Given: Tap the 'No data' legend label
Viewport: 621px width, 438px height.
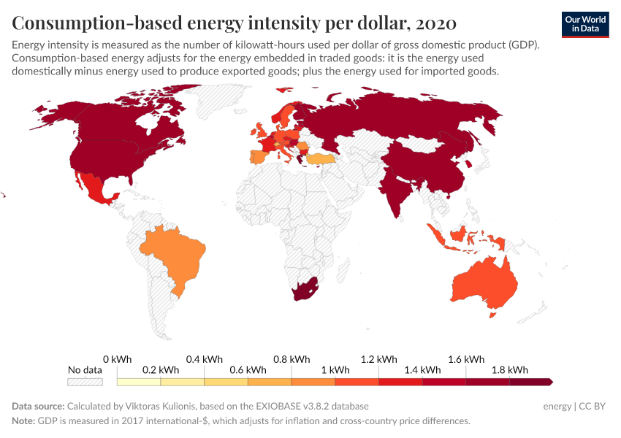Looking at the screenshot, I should click(85, 370).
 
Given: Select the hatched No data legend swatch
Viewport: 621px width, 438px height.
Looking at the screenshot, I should click(85, 382).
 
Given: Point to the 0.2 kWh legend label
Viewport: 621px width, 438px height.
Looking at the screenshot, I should click(160, 370).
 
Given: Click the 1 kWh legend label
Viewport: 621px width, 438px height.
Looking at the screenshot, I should click(335, 370).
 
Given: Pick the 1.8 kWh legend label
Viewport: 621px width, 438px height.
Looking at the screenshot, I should click(510, 370).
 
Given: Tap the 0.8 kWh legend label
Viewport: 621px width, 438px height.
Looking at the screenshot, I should click(292, 359).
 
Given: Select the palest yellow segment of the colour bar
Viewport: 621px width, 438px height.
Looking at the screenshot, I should click(139, 382).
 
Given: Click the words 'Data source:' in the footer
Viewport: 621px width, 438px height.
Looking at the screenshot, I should click(38, 406).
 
